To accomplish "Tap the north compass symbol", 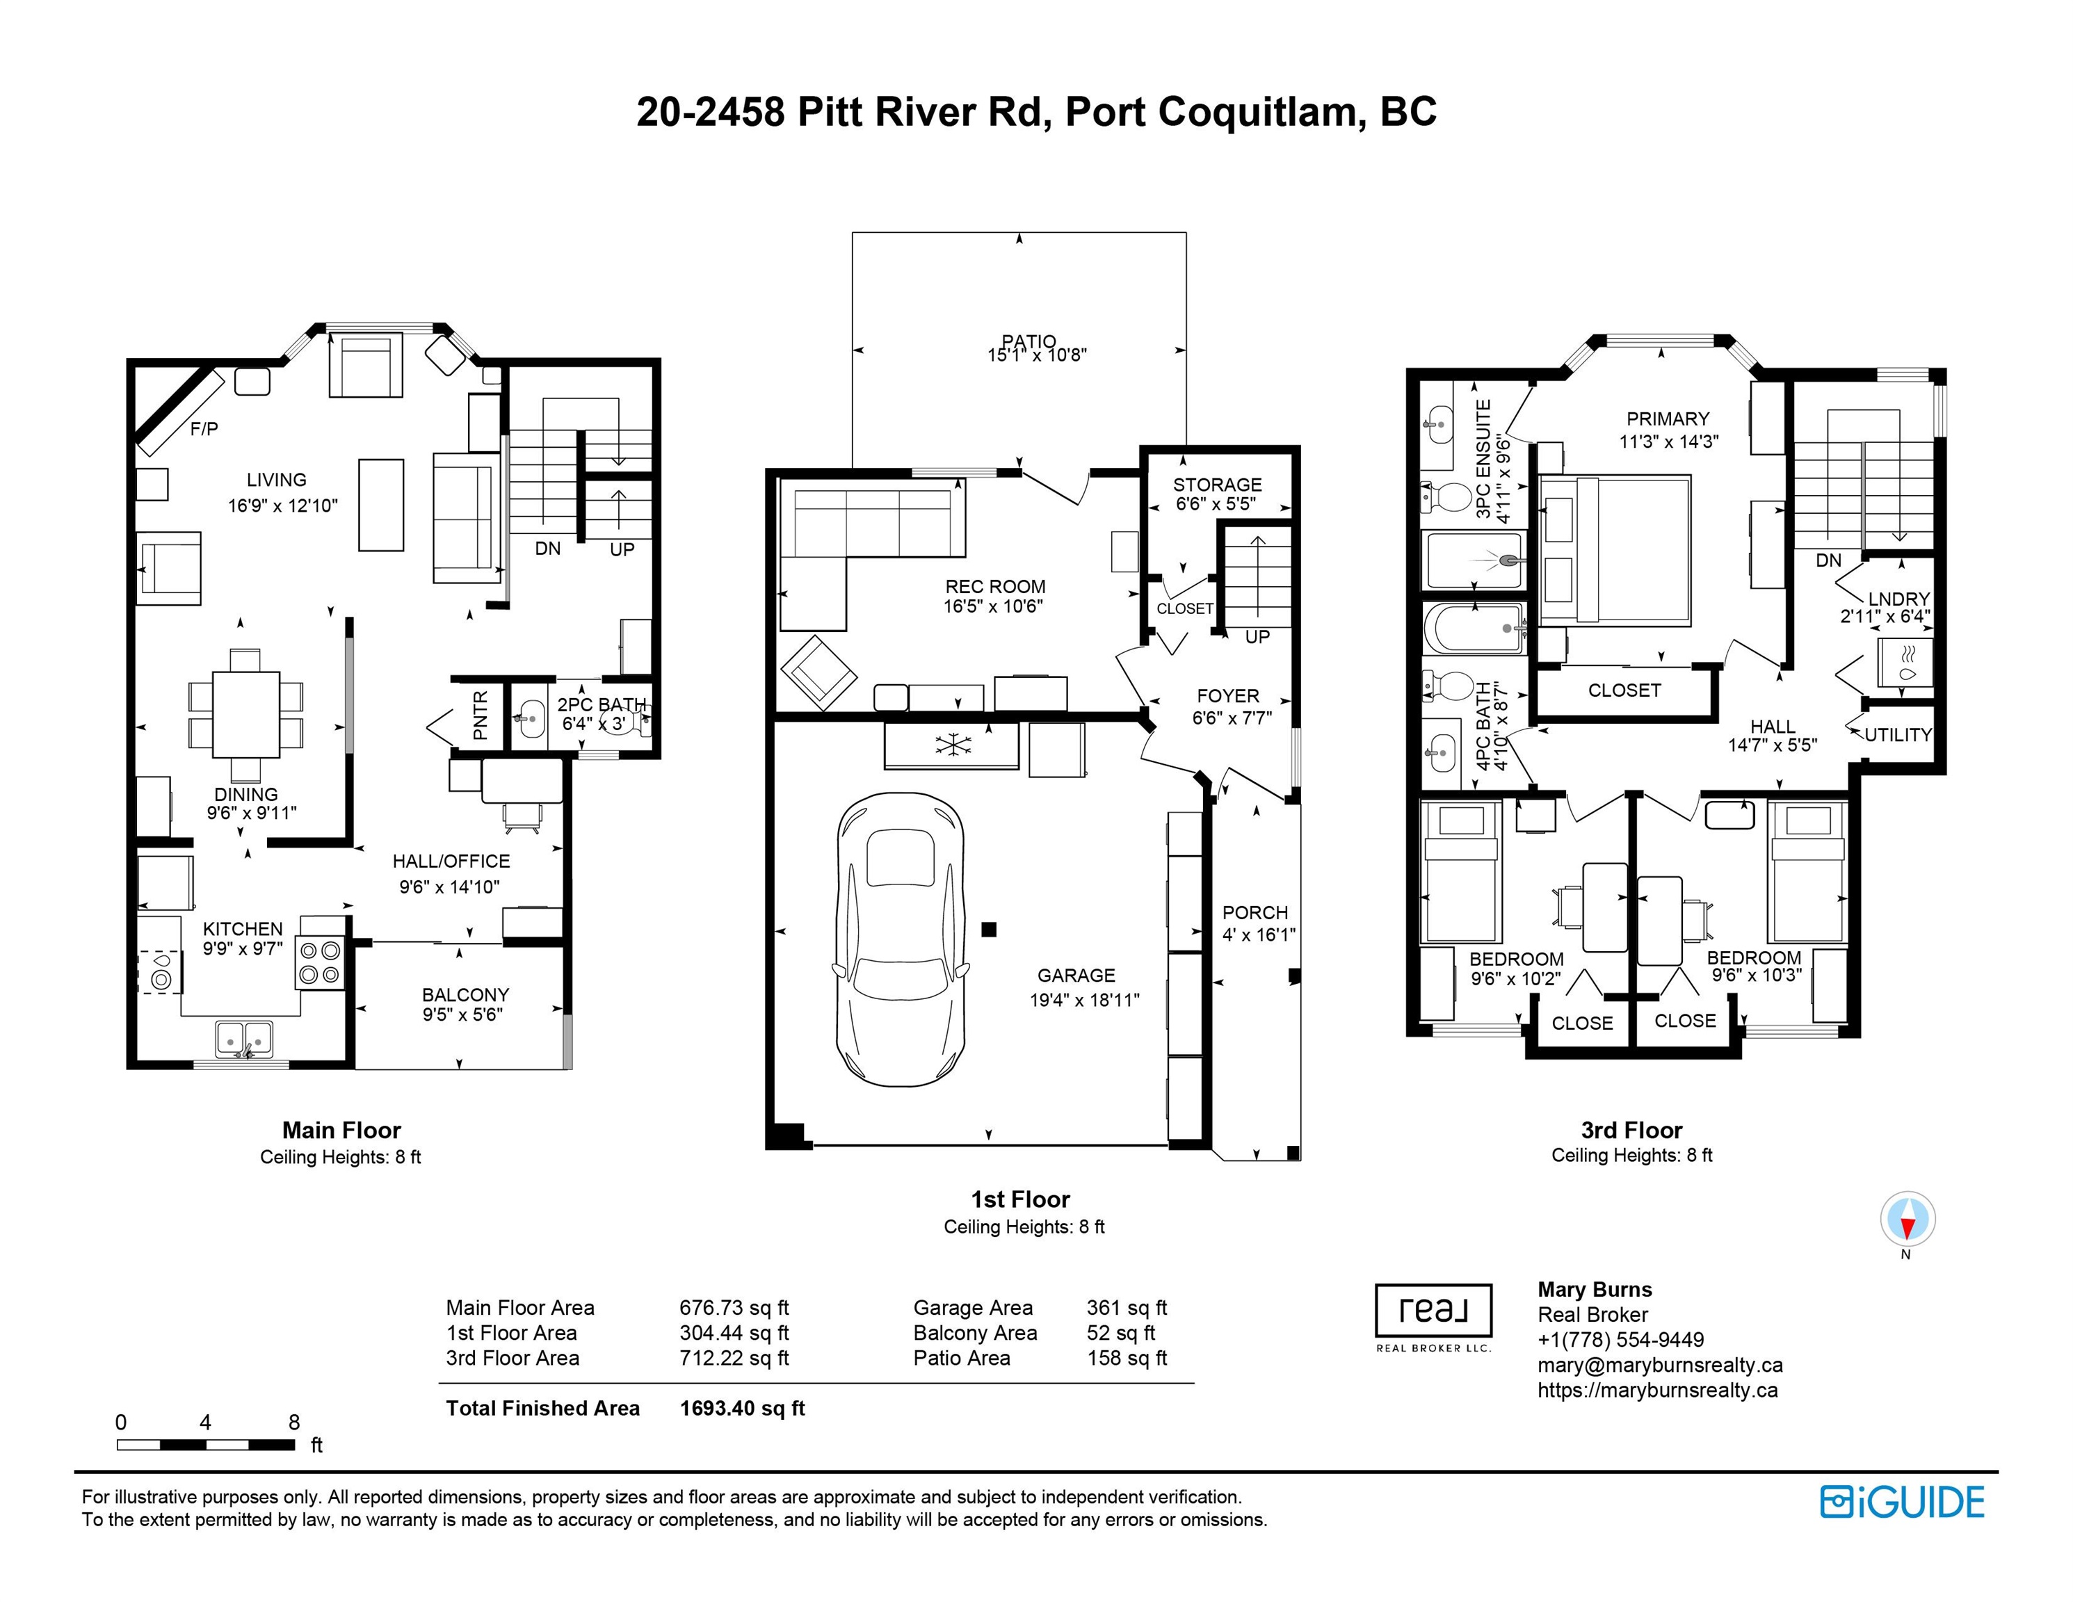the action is tap(1908, 1220).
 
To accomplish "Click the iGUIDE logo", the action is tap(1902, 1503).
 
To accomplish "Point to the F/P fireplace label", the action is tap(204, 429).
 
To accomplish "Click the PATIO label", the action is tap(1029, 341).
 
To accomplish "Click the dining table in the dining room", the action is tap(246, 713).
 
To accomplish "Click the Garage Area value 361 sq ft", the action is tap(1127, 1308).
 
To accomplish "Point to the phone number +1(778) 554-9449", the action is tap(1621, 1340).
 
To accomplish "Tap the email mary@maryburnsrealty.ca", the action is tap(1660, 1366).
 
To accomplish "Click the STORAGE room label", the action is tap(1218, 484).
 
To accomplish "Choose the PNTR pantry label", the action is tap(481, 715).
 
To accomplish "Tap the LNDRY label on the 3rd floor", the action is tap(1898, 599).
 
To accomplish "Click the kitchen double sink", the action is tap(244, 1039).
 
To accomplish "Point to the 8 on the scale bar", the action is tap(294, 1423).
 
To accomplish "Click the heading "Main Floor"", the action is tap(341, 1129).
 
